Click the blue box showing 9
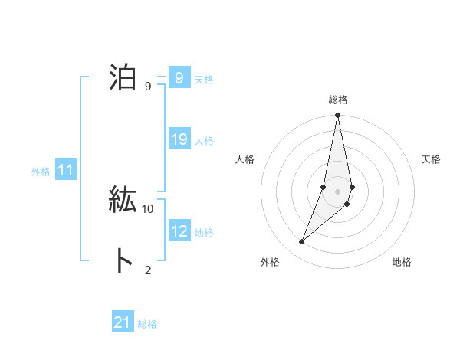[x=179, y=78]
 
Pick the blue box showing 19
[x=179, y=139]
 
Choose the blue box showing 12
[x=179, y=231]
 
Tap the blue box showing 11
[x=65, y=170]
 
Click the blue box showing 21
[x=123, y=322]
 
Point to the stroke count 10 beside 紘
[x=148, y=208]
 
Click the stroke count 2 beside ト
[x=148, y=269]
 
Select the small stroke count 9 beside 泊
[x=148, y=86]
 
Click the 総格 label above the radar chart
[x=338, y=100]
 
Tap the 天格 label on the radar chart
[x=432, y=159]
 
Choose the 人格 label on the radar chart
[x=245, y=159]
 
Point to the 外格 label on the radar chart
[x=269, y=262]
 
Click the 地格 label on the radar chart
[x=402, y=262]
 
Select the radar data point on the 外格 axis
[x=302, y=242]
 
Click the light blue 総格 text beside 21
[x=147, y=324]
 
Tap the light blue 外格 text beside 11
[x=41, y=172]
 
